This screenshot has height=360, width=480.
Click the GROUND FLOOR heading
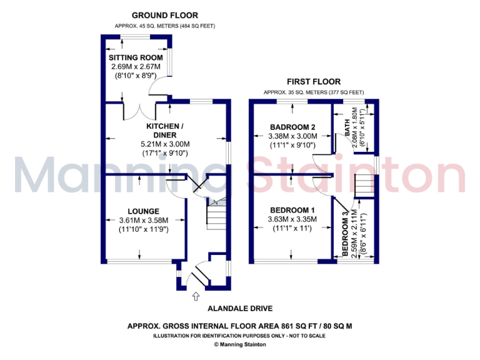tap(165, 15)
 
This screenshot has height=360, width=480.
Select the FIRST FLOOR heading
tap(314, 82)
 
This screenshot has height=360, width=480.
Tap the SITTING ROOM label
tap(137, 58)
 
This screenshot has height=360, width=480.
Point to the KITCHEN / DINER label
tap(164, 130)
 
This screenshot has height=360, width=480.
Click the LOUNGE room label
tap(143, 211)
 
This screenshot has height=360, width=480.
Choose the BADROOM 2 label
tap(292, 126)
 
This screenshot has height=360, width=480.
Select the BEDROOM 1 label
tap(292, 209)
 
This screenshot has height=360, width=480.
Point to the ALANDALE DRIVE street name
tap(241, 309)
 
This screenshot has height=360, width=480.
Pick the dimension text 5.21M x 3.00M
tap(164, 144)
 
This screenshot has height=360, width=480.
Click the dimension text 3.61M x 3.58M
tap(143, 220)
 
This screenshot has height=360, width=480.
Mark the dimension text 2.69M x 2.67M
tap(137, 67)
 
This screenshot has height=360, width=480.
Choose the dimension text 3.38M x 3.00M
tap(292, 136)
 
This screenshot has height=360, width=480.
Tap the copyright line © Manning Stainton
tap(241, 344)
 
